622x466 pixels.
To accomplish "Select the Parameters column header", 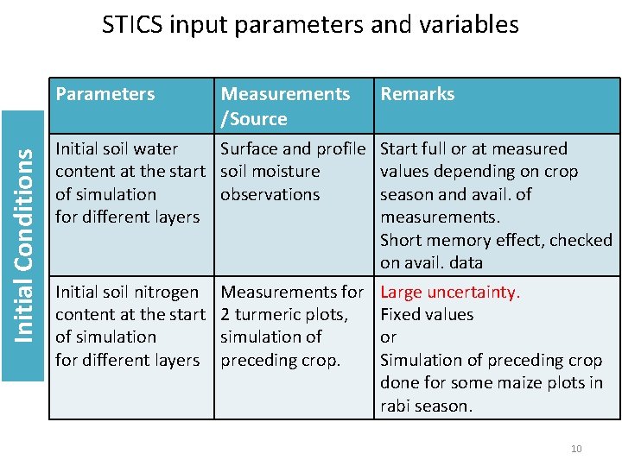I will click(x=105, y=94).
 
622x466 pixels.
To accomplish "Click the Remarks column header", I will click(x=417, y=94).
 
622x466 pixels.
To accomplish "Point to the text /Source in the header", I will click(x=254, y=118).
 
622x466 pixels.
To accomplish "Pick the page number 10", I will click(x=576, y=448).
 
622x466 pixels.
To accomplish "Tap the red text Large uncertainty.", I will click(x=450, y=292).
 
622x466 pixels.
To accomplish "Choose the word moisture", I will click(x=286, y=171).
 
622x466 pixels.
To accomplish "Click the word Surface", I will click(x=250, y=148).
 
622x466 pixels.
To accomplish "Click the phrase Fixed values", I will click(x=427, y=315).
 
